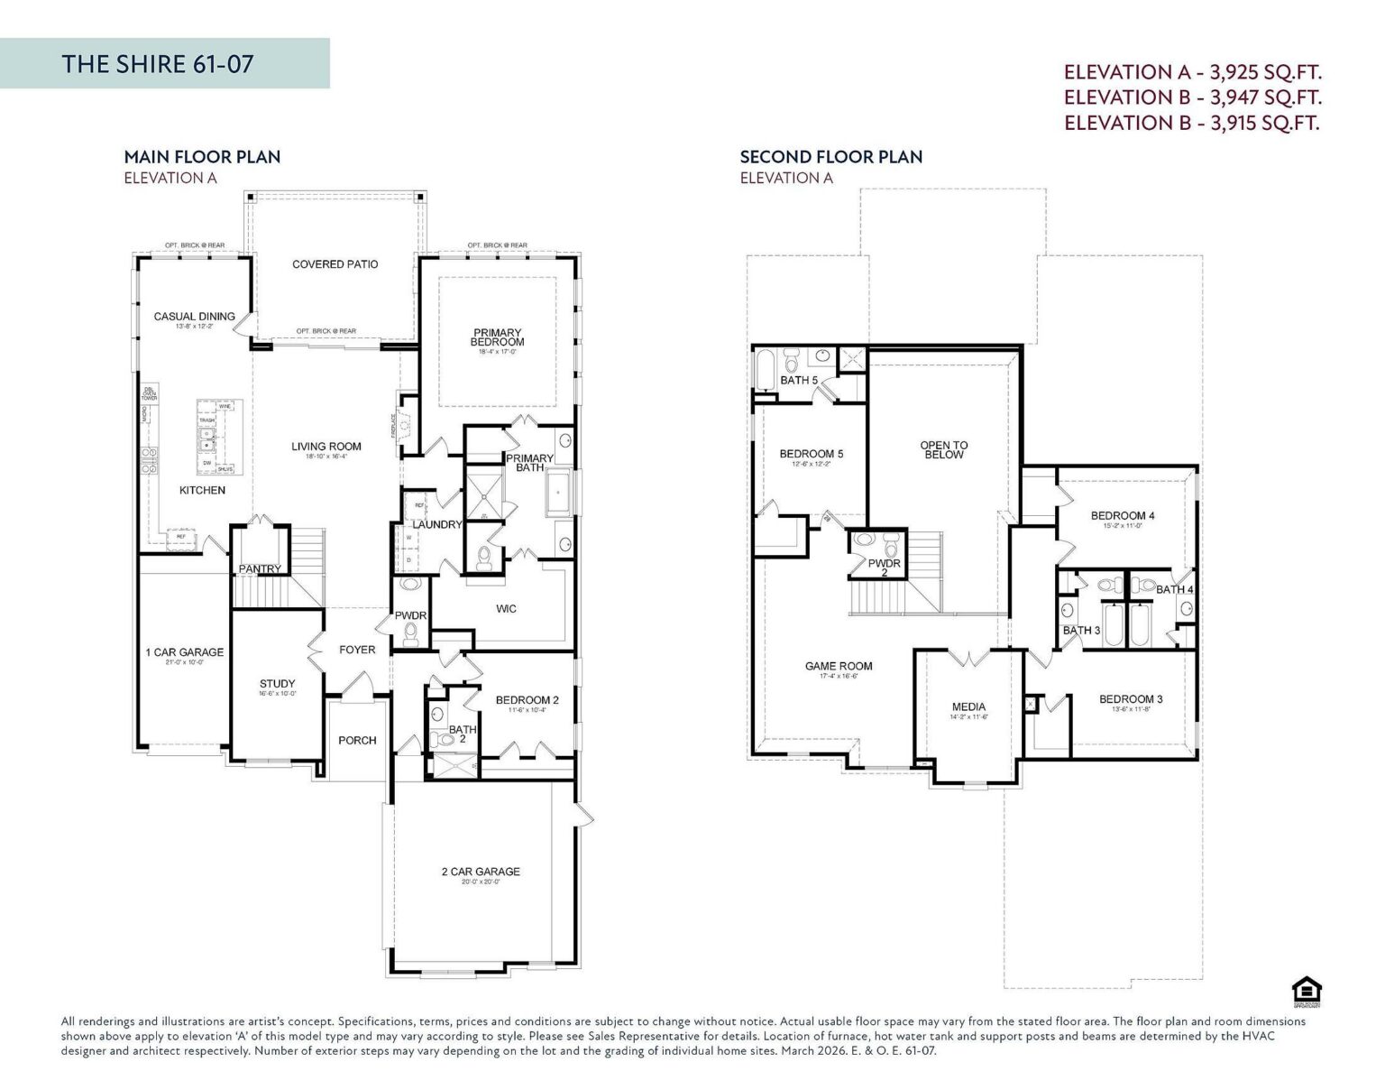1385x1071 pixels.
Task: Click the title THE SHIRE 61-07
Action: pos(157,64)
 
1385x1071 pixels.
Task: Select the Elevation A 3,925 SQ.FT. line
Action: pos(1192,72)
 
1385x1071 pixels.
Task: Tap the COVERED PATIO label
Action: pos(335,264)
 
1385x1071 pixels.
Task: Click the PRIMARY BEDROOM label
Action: pos(497,337)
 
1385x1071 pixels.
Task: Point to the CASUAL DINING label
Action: pos(194,317)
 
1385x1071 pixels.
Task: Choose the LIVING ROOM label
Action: pos(326,447)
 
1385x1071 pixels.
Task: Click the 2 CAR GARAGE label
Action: pos(481,872)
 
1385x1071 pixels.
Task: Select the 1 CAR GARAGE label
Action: pos(184,652)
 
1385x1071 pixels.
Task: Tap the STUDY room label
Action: pos(277,684)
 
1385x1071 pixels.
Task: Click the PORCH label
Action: pos(357,741)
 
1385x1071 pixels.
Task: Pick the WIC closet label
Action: pos(506,609)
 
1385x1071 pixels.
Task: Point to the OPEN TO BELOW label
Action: pos(943,450)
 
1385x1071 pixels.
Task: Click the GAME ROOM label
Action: pos(839,667)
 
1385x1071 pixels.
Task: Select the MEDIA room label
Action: pos(968,707)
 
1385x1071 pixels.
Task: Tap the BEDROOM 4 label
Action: pos(1122,516)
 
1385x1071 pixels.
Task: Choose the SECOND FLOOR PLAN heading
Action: pos(830,157)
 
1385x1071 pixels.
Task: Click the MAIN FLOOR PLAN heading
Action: pos(202,157)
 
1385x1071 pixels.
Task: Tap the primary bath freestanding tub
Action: pos(558,493)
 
